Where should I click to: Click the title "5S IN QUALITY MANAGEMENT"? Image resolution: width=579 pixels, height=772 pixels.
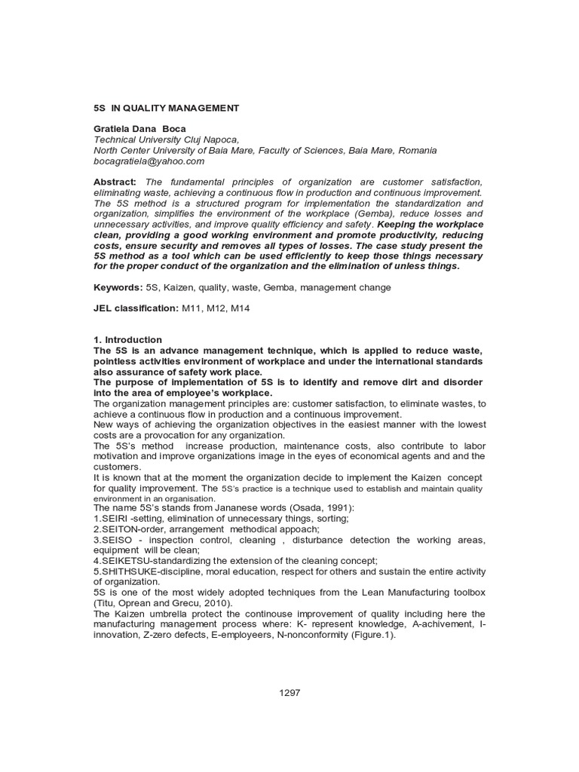(166, 108)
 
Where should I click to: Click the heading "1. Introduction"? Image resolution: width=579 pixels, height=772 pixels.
(127, 340)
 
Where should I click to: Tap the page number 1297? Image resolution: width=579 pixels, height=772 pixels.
(289, 693)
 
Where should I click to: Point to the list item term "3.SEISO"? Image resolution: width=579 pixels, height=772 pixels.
(112, 540)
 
